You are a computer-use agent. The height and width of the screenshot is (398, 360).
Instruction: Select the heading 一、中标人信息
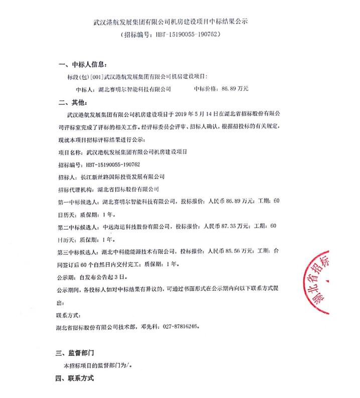pyautogui.click(x=83, y=65)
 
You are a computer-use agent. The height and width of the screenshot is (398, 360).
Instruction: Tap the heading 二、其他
pyautogui.click(x=75, y=102)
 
